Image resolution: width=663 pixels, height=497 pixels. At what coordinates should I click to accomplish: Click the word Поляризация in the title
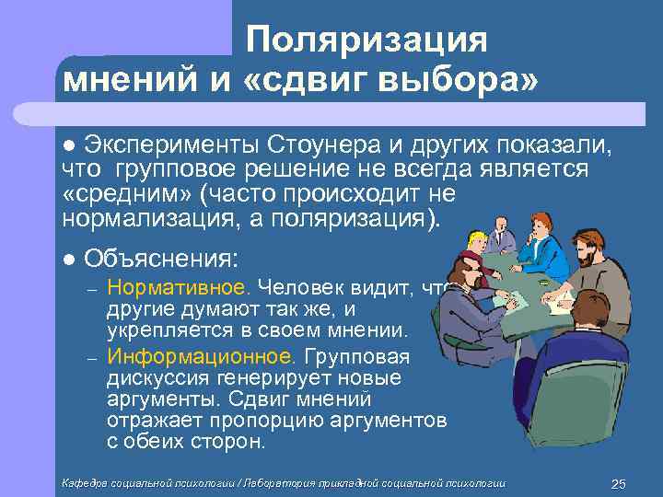tap(366, 40)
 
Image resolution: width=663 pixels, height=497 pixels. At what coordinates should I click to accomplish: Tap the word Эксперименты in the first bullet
tap(171, 144)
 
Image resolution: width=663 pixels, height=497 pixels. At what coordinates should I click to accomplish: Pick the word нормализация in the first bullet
tap(147, 220)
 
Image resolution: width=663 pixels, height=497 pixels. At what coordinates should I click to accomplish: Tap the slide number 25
tap(619, 484)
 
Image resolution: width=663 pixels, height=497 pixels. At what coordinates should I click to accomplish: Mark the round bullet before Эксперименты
tap(68, 145)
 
